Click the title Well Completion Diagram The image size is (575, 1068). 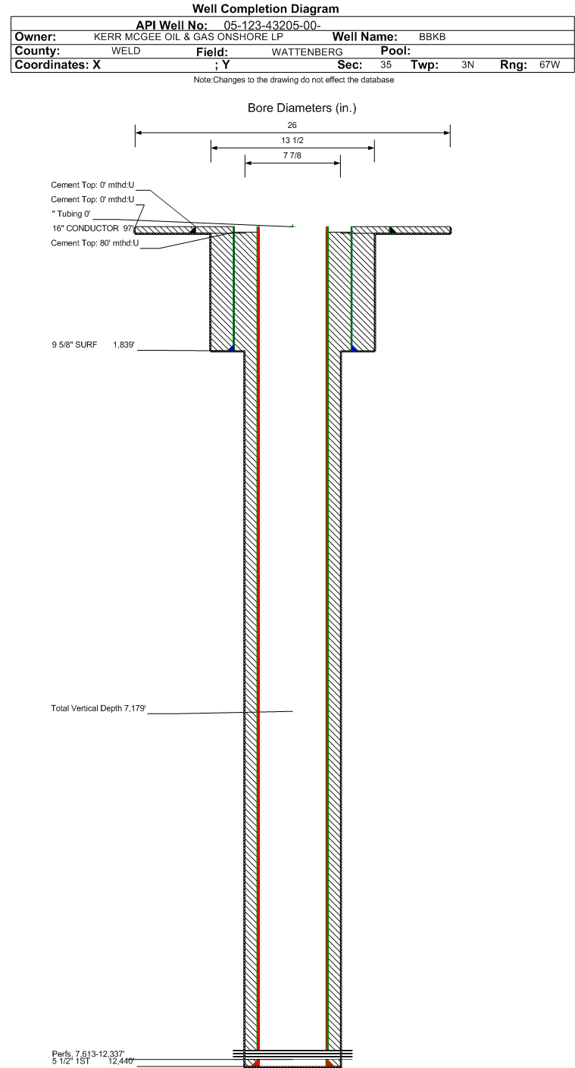[266, 8]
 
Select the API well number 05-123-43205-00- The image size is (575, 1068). [272, 25]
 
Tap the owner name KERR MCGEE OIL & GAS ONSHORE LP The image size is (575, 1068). [189, 36]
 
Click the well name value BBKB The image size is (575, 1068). [433, 36]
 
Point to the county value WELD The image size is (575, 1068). [126, 51]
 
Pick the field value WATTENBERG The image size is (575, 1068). [307, 52]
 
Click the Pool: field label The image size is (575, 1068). [395, 51]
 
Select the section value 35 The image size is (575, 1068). [386, 64]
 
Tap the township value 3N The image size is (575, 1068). [467, 64]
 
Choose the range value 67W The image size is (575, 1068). [550, 64]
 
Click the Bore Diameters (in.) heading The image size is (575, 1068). [302, 108]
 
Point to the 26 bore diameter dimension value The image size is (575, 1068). [292, 125]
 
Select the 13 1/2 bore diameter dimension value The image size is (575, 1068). [292, 140]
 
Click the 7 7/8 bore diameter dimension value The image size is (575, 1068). [292, 155]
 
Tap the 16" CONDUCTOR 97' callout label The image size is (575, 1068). [93, 229]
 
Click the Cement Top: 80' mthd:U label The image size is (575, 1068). [95, 243]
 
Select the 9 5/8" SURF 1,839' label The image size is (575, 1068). [93, 345]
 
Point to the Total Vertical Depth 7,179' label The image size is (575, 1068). [98, 708]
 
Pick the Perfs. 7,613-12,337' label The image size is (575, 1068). [88, 1054]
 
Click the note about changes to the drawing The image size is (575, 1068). [294, 80]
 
